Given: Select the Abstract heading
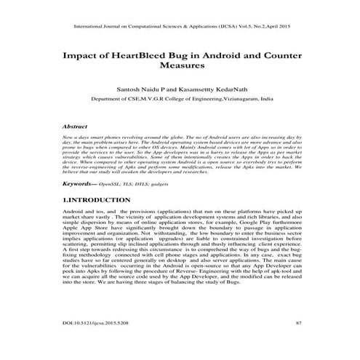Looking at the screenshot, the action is pos(76,126).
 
